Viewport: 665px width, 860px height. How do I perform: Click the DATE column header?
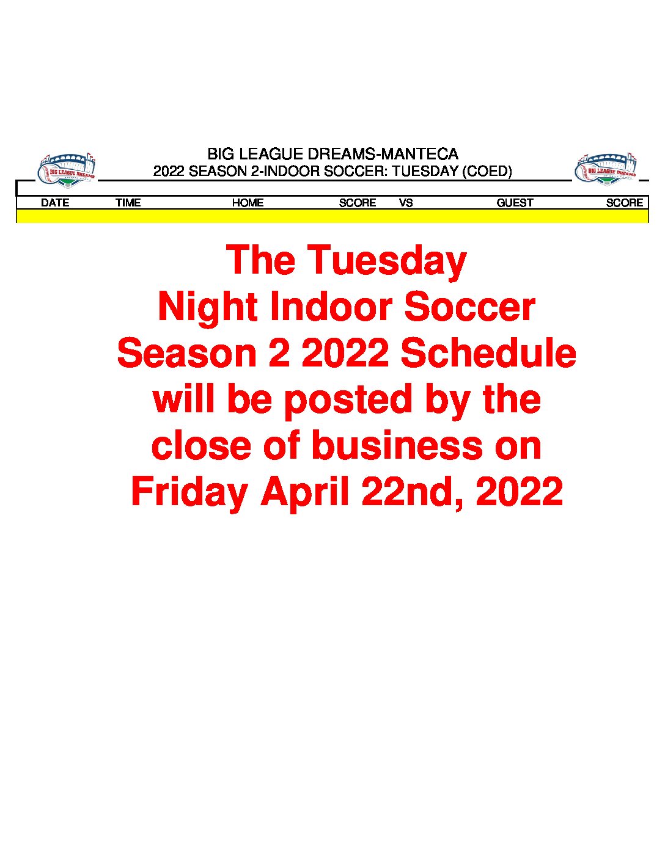click(x=55, y=203)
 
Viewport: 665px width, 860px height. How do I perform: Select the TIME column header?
click(x=128, y=203)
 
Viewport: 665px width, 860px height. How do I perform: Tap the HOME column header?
click(x=248, y=203)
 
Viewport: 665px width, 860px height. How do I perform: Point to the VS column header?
click(x=406, y=203)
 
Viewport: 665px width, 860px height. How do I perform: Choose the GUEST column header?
click(x=515, y=203)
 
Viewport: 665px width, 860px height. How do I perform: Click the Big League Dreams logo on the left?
click(x=67, y=170)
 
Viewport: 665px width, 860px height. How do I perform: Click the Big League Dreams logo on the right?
click(x=606, y=170)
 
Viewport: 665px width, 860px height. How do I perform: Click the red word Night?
click(x=208, y=307)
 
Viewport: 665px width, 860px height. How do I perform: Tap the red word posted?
click(x=348, y=401)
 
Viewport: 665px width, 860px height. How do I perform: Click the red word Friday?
click(x=189, y=493)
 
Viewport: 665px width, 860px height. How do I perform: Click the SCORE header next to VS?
click(x=358, y=203)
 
